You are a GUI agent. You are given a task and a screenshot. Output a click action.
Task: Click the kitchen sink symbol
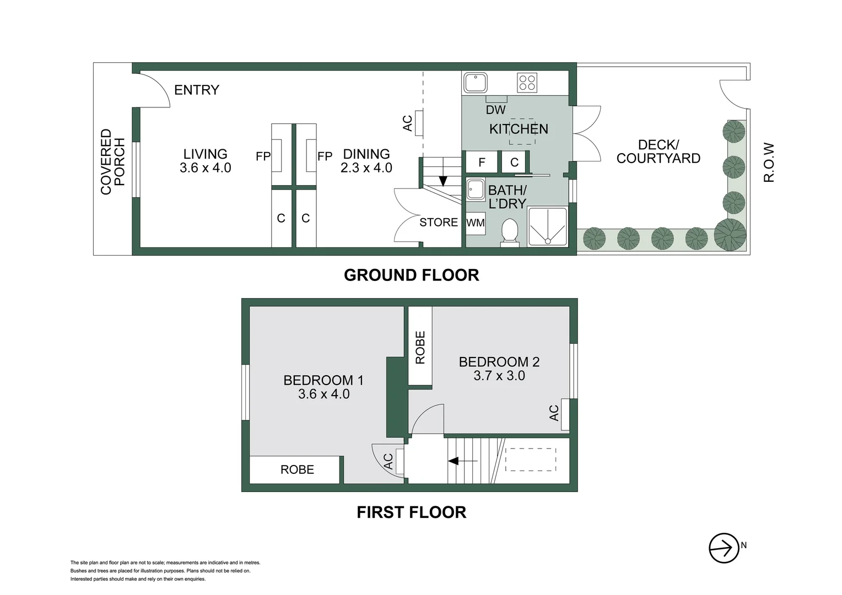[475, 83]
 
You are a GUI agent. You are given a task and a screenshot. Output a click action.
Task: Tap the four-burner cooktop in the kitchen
[527, 83]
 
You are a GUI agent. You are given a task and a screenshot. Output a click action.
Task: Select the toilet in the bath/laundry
[510, 232]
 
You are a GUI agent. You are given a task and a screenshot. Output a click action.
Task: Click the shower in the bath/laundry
[547, 226]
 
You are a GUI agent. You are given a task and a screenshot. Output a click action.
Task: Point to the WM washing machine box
[476, 223]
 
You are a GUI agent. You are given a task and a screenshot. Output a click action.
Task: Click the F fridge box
[482, 162]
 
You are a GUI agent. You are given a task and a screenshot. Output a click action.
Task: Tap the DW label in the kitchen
[495, 110]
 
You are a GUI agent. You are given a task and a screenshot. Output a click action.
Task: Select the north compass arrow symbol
[723, 548]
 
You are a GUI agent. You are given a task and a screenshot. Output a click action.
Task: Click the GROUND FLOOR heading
[411, 275]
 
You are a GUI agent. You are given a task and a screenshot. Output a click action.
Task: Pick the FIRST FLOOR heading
[411, 512]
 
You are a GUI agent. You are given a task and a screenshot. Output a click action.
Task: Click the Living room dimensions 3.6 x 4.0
[205, 168]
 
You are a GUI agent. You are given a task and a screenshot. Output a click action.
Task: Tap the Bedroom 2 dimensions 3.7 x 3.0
[499, 376]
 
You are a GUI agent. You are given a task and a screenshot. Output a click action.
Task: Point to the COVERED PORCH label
[113, 161]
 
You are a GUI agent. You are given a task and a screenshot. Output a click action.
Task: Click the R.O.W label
[769, 163]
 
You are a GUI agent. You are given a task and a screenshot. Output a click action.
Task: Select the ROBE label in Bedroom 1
[297, 469]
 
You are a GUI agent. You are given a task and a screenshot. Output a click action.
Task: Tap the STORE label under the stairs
[438, 222]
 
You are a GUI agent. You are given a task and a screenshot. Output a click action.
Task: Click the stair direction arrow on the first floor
[462, 461]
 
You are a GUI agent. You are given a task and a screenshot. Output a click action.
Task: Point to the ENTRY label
[197, 90]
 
